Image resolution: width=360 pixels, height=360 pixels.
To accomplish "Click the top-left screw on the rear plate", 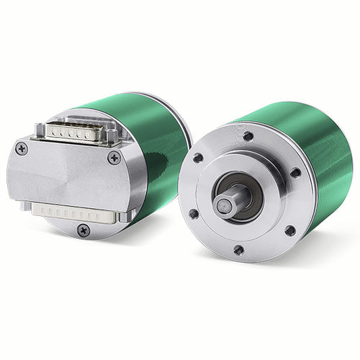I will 22,148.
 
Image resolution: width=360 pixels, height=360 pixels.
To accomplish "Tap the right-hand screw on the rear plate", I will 114,157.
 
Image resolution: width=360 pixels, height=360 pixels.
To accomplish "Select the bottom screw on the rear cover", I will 84,230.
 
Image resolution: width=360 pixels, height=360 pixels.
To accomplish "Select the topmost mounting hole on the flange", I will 248,136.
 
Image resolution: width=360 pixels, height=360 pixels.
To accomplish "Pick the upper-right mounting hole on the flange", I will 294,173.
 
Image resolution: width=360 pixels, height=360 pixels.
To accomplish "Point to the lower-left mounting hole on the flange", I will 194,213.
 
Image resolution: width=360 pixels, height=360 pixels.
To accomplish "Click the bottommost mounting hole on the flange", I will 238,250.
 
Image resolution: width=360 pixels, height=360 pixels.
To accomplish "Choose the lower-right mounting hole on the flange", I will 289,230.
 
